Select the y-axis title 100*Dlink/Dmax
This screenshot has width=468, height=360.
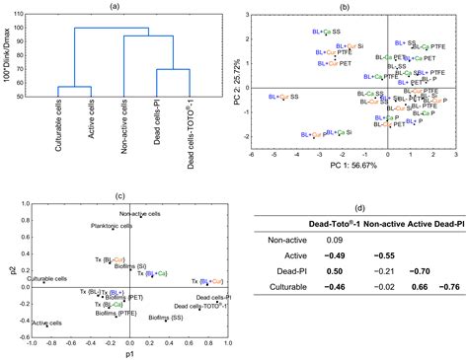pos(8,55)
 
